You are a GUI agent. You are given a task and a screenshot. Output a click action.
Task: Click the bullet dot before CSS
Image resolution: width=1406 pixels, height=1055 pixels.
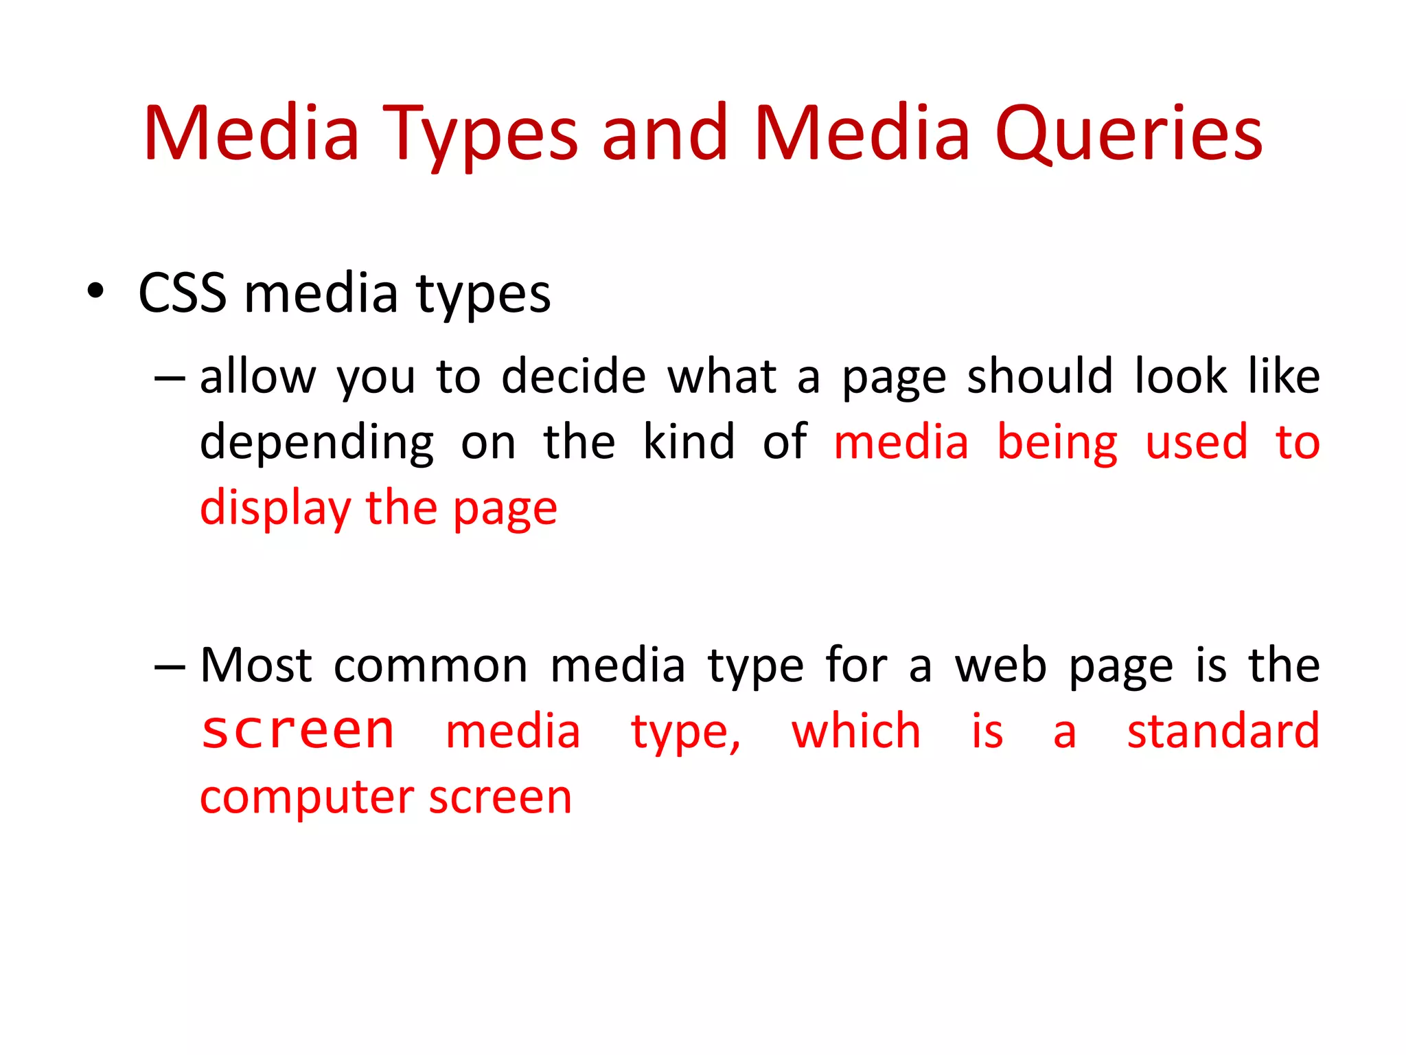(x=96, y=291)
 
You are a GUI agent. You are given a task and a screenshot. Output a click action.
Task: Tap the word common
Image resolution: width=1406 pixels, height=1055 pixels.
(x=430, y=666)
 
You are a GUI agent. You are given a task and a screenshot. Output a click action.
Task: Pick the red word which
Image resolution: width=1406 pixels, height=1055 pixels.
(x=856, y=731)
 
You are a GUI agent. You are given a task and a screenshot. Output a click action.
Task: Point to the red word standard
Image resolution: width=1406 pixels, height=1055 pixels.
(x=1223, y=731)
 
